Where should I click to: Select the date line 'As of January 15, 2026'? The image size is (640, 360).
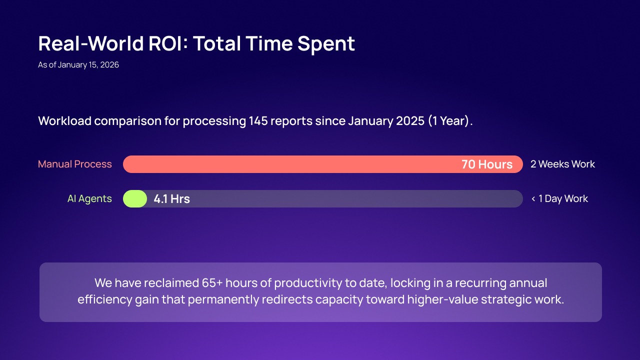point(78,64)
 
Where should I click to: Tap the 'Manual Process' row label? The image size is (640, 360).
point(75,164)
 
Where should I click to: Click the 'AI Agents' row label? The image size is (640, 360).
point(89,198)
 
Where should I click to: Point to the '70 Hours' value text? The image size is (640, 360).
point(486,164)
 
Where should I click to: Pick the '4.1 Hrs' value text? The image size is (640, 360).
point(171,199)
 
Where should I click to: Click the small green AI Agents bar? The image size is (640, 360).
point(135,198)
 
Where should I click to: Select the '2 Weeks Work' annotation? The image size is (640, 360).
point(562,164)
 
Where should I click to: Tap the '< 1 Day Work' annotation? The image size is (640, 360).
point(559,198)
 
